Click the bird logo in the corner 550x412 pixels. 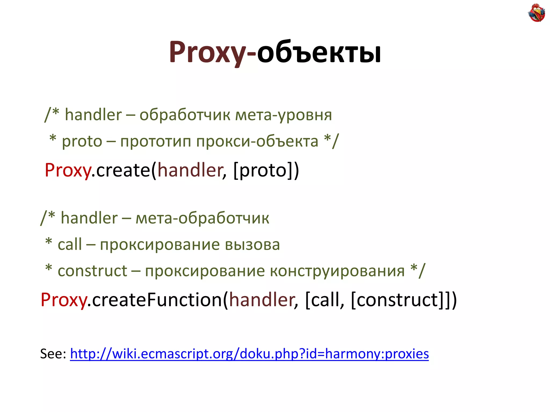536,13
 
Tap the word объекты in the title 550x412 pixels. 319,52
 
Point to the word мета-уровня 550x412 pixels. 284,115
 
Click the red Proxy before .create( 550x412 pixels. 68,170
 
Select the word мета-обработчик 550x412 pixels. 202,218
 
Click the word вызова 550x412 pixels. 252,245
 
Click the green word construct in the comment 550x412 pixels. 92,271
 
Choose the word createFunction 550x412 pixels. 157,300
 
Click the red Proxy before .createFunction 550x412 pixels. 64,300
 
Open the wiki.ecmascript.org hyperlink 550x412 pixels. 249,354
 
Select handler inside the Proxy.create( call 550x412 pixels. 190,170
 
